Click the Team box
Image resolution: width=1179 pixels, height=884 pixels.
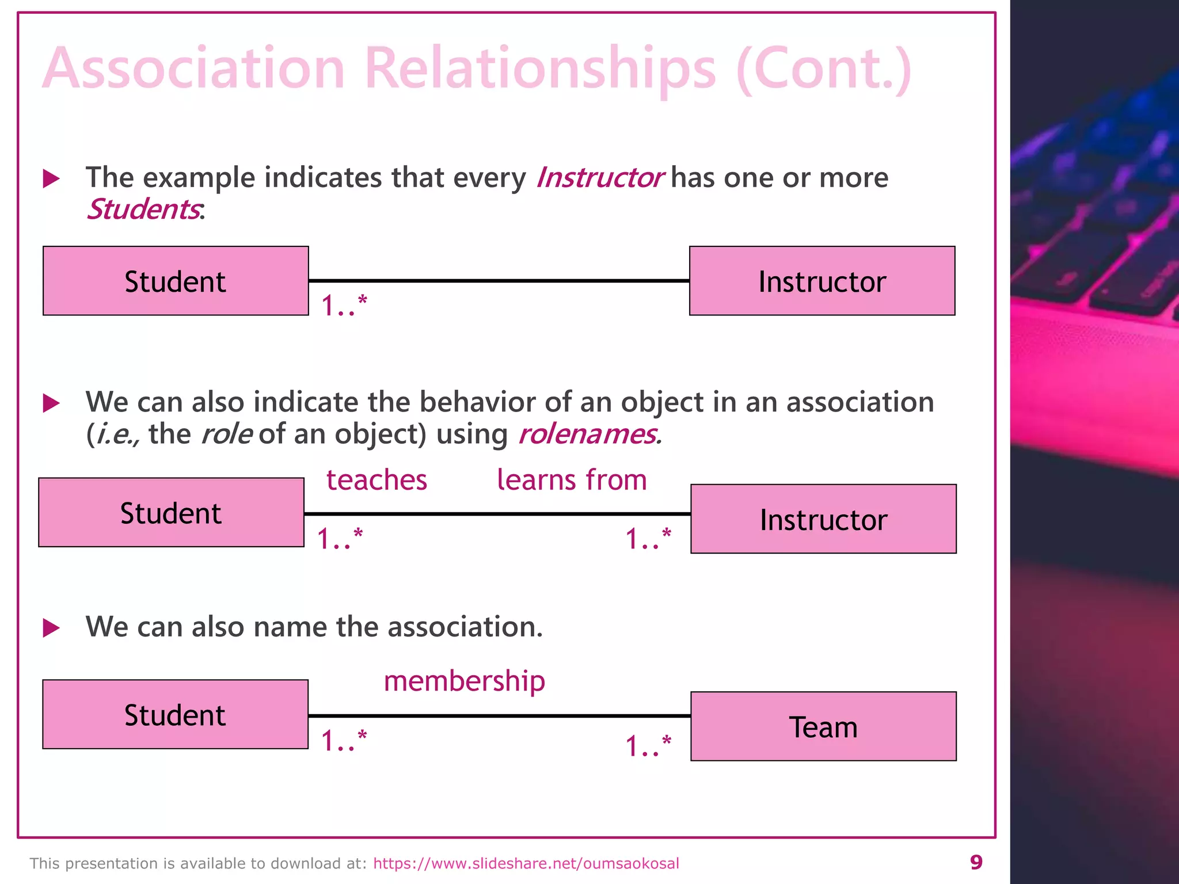pos(823,726)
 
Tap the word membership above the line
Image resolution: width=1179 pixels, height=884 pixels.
pos(464,681)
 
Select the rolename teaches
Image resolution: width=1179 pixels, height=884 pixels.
pos(376,480)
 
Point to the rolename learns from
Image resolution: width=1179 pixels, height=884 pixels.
pos(572,480)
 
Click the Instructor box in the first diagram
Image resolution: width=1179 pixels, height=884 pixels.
pos(822,281)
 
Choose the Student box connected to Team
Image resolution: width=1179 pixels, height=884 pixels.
pos(175,714)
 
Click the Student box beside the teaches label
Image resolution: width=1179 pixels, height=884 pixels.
pos(171,512)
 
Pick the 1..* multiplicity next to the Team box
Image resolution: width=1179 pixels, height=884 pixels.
pos(648,746)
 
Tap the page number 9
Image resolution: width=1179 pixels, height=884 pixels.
pos(976,862)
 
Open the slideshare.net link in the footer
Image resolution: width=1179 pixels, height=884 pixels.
pos(526,863)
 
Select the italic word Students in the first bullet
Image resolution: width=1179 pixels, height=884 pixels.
pos(143,209)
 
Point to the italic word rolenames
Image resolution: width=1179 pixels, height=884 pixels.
pos(587,433)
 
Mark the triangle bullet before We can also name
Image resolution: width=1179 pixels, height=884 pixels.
pos(51,627)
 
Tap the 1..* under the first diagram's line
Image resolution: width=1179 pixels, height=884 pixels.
pos(344,305)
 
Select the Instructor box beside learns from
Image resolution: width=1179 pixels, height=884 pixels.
pos(823,519)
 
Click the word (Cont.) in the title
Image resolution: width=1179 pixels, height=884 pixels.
pos(823,69)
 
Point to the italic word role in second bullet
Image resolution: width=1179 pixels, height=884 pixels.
pos(226,433)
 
